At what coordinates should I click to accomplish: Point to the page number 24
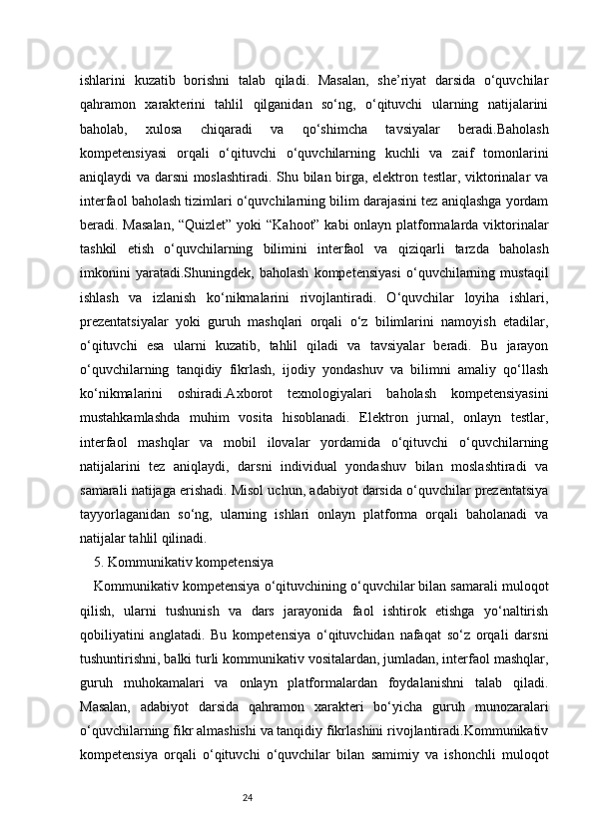click(x=249, y=797)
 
